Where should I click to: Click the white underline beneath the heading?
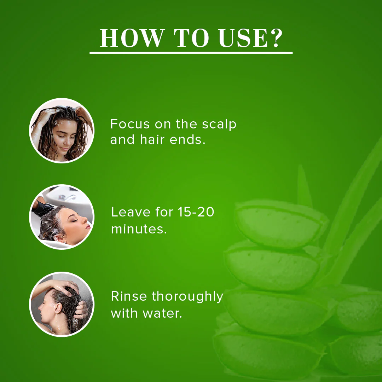pyautogui.click(x=191, y=53)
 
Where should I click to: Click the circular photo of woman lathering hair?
pyautogui.click(x=62, y=130)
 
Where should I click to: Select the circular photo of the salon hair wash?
pyautogui.click(x=62, y=216)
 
